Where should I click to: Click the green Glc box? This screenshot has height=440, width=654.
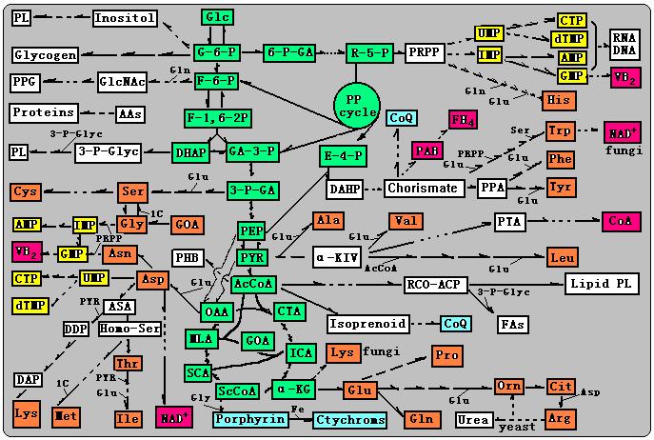[x=216, y=17]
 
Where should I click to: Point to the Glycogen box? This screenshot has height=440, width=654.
[x=45, y=54]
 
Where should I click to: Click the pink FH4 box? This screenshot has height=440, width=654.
[x=464, y=121]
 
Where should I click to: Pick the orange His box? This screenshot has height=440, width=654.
[x=559, y=100]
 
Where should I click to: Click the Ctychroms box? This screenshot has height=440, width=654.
[x=350, y=419]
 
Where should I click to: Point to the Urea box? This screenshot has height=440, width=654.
[x=473, y=419]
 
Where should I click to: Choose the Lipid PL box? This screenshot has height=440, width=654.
[x=600, y=284]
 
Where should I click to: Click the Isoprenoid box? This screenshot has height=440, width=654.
[x=367, y=324]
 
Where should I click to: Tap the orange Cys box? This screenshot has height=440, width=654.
[x=26, y=191]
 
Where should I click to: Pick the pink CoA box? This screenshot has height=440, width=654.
[x=613, y=221]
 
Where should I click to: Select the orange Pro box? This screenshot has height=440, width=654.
[x=446, y=354]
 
